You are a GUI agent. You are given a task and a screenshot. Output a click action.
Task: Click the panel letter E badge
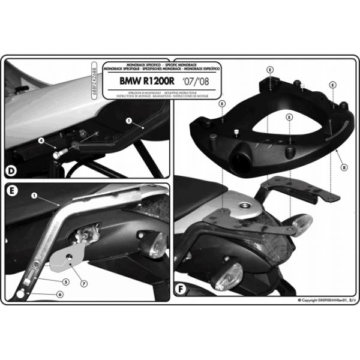click(x=12, y=193)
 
